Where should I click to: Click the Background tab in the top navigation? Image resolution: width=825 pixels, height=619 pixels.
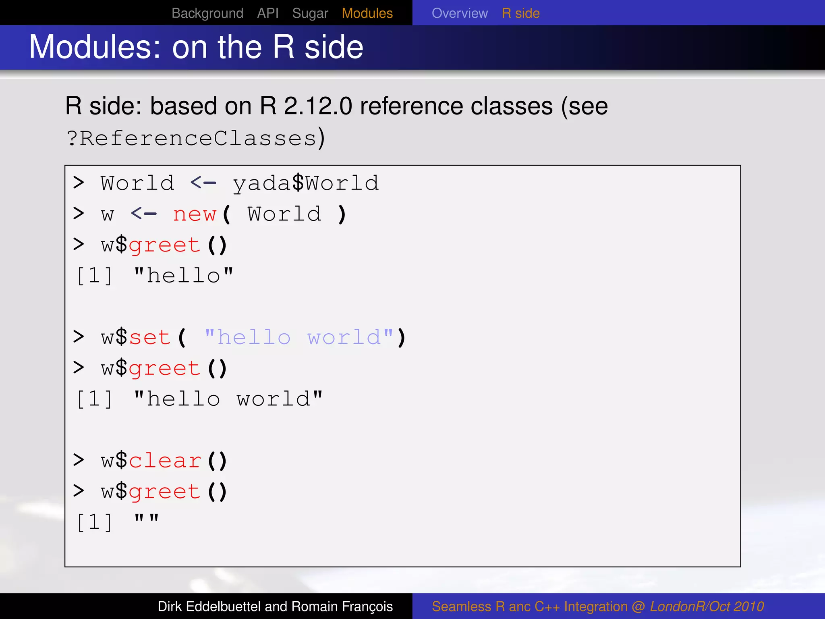point(207,13)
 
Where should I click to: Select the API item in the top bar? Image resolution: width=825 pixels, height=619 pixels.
point(268,13)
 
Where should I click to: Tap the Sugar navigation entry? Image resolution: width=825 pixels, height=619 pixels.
point(310,13)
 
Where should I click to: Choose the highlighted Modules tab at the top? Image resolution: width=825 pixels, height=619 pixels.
point(367,13)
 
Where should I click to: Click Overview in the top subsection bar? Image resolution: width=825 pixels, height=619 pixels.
point(460,13)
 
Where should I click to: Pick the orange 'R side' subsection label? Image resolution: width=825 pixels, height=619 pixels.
point(520,13)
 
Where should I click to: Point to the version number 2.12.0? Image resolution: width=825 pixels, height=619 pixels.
point(317,106)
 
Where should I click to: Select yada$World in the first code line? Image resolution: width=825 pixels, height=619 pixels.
point(306,183)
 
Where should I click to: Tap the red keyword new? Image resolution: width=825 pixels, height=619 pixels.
point(195,214)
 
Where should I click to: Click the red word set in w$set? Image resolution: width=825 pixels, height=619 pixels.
point(149,337)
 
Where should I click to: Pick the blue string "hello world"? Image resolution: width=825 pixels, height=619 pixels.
point(299,337)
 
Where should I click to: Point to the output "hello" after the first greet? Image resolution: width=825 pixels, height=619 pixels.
point(183,276)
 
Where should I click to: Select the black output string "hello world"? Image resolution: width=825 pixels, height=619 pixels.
point(228,399)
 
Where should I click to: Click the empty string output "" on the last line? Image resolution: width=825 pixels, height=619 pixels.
point(147,520)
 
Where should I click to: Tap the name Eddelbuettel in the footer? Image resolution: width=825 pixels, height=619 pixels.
point(224,607)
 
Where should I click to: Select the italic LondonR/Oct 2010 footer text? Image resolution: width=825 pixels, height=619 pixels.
point(707,607)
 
